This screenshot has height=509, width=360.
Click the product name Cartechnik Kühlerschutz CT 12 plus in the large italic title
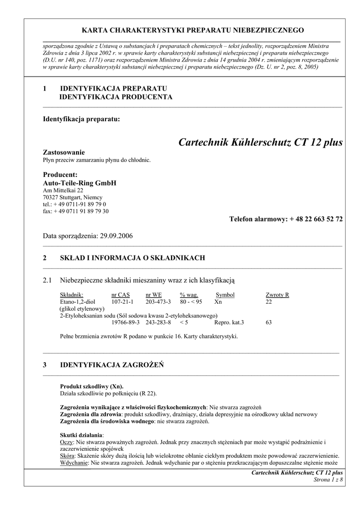pyautogui.click(x=260, y=143)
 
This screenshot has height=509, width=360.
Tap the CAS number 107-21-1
pyautogui.click(x=122, y=302)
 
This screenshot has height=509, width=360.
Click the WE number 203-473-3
pyautogui.click(x=158, y=302)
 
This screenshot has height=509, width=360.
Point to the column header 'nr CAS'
pyautogui.click(x=120, y=295)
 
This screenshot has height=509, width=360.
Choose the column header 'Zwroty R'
pyautogui.click(x=277, y=295)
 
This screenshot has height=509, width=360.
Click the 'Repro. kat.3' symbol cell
pyautogui.click(x=229, y=323)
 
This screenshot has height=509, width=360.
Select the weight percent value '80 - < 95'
pyautogui.click(x=191, y=302)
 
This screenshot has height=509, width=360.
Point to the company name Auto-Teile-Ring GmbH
pyautogui.click(x=80, y=183)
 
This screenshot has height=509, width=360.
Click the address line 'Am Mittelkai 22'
pyautogui.click(x=63, y=190)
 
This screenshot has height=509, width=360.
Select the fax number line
pyautogui.click(x=76, y=211)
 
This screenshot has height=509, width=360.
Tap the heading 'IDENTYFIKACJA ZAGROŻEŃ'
pyautogui.click(x=112, y=365)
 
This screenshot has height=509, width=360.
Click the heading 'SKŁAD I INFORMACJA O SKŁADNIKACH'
pyautogui.click(x=132, y=258)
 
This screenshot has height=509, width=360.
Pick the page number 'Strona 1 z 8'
pyautogui.click(x=328, y=479)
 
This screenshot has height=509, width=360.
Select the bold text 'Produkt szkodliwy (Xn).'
pyautogui.click(x=92, y=386)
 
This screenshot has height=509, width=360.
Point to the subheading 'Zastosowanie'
pyautogui.click(x=64, y=152)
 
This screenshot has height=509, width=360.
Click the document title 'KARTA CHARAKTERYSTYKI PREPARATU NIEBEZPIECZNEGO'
pyautogui.click(x=193, y=30)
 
